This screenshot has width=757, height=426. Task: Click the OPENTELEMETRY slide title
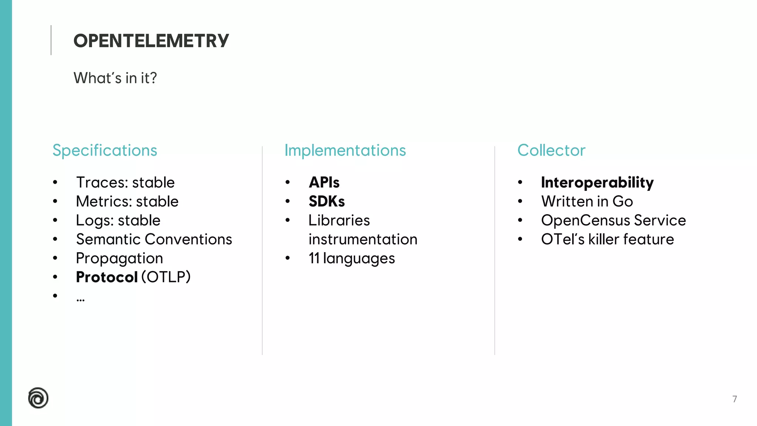point(151,41)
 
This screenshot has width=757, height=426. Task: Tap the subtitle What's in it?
point(115,78)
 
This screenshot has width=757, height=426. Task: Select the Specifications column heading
point(105,151)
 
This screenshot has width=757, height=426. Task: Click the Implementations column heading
point(345,151)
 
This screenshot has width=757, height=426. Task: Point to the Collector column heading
point(551,151)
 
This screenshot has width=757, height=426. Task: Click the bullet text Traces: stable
point(125,183)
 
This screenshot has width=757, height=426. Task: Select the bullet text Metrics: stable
point(127,202)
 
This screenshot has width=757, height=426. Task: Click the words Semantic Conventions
point(154,240)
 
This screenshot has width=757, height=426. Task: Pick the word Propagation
point(119,258)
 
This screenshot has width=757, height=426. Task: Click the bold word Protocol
point(107,277)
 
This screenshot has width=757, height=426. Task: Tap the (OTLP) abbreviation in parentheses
point(166,277)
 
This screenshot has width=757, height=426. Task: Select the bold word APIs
point(324,183)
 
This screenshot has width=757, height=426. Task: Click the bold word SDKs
point(327,202)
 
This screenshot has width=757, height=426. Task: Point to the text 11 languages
point(352,258)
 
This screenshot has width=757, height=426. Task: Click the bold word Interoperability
point(597,183)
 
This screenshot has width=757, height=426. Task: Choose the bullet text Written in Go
point(587,202)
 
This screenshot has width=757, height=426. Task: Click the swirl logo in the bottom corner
point(38,398)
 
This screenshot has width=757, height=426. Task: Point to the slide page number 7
point(735,399)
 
